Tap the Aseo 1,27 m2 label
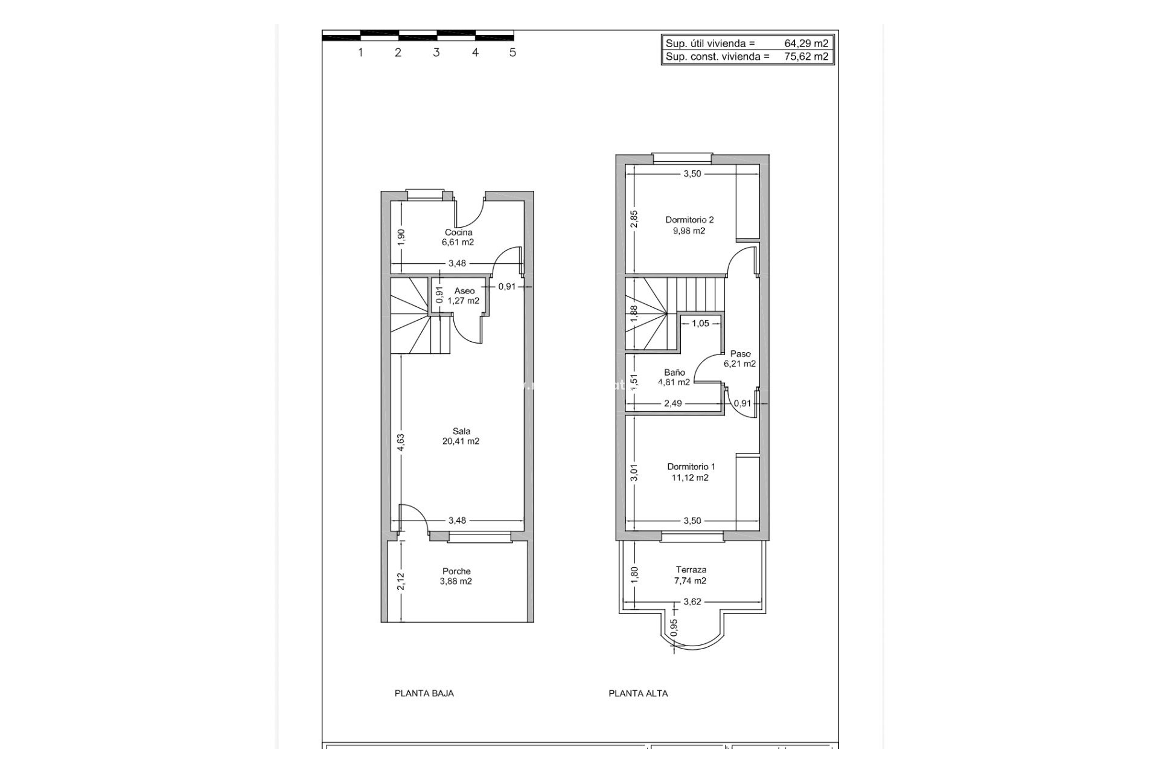coord(464,296)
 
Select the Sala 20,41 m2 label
coord(461,436)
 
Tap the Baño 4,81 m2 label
coord(674,377)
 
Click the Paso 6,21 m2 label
coord(740,359)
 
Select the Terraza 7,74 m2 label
coord(691,575)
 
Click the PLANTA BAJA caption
coord(424,693)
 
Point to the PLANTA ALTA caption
coord(638,693)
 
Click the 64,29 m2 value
coord(806,43)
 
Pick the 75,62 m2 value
coord(806,57)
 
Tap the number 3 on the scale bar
coord(436,53)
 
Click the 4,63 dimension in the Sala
coord(401,443)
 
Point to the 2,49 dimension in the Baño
coord(673,403)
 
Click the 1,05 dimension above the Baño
coord(700,323)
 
